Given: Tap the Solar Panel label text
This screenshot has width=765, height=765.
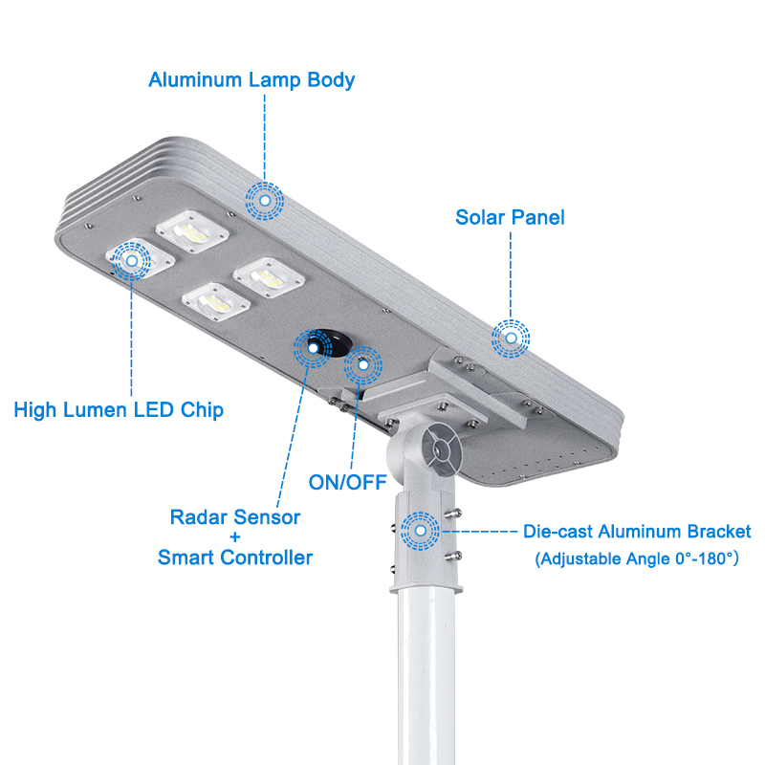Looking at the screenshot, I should tap(510, 218).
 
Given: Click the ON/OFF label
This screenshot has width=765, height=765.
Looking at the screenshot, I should tap(347, 481).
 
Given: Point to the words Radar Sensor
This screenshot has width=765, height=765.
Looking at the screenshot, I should tap(235, 517).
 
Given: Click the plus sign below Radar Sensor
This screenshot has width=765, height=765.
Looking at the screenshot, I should tap(235, 537).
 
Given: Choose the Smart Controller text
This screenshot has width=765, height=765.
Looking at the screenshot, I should tap(235, 557).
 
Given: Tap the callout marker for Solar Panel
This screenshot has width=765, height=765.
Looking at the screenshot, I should tap(511, 338).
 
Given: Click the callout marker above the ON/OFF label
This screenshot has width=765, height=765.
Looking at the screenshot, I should tap(362, 364).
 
